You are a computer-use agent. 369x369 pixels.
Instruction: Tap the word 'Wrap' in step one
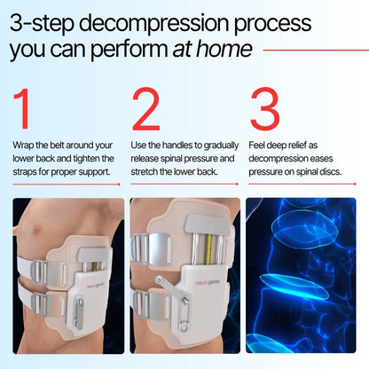pos(22,145)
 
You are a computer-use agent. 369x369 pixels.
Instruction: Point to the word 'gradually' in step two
pos(220,145)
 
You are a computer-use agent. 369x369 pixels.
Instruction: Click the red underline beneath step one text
pos(67,184)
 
